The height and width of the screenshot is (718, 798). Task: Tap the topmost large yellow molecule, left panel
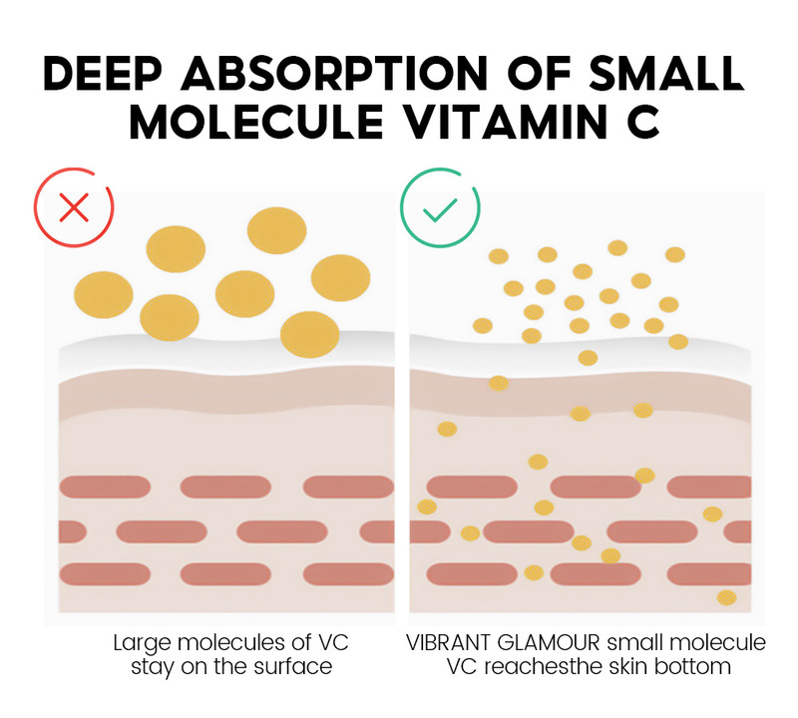(277, 230)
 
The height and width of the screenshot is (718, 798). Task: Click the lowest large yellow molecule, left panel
(309, 334)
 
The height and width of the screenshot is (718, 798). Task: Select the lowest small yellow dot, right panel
(726, 597)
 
